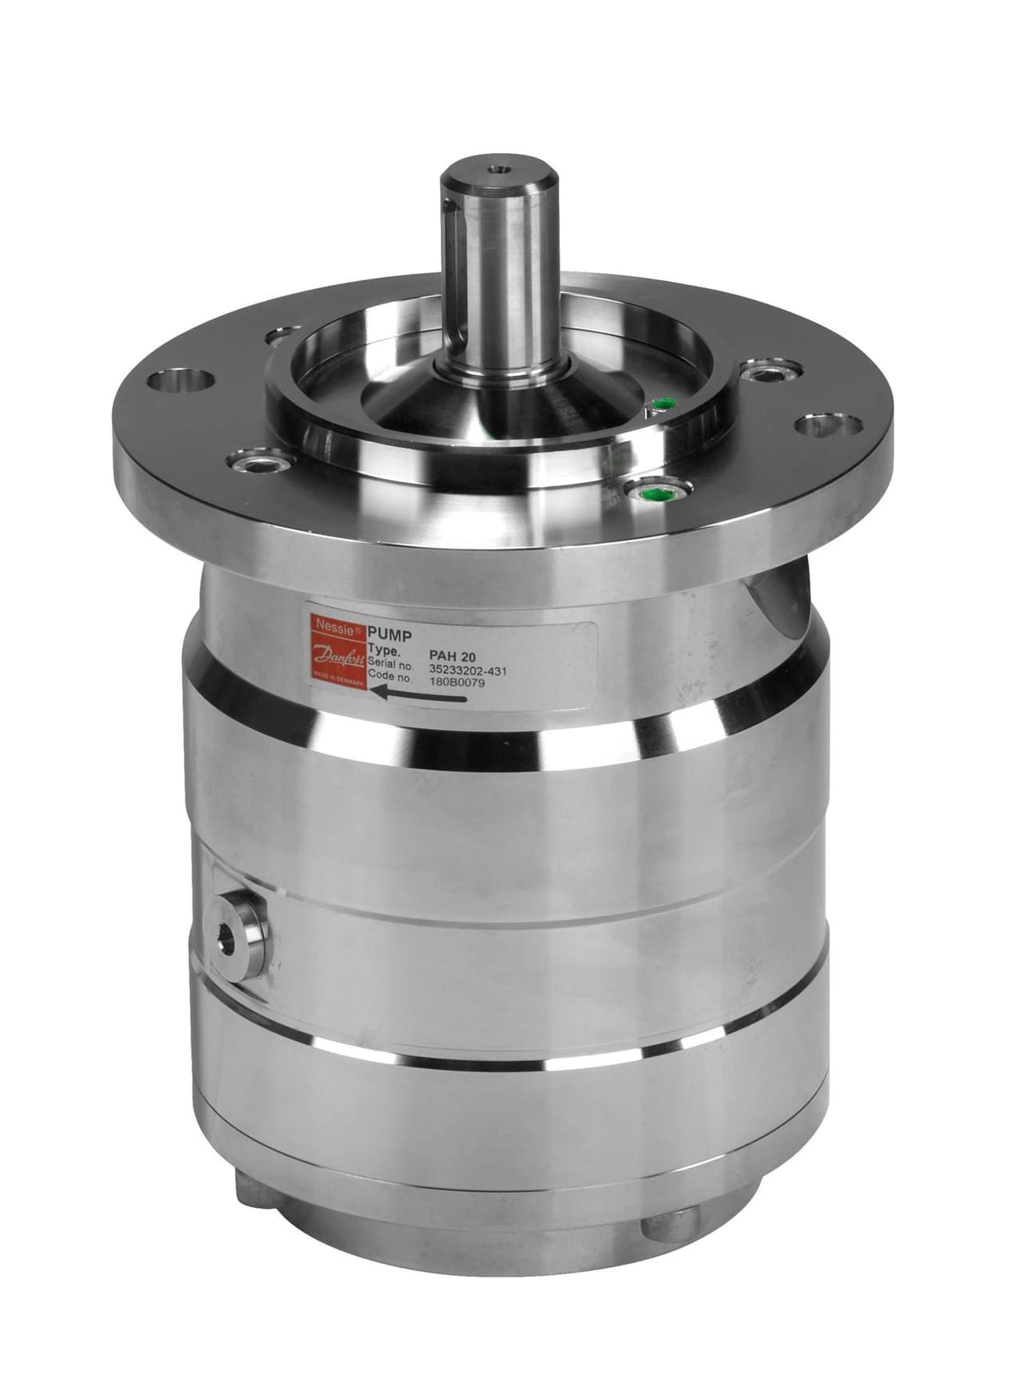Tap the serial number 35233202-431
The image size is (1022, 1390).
(x=469, y=670)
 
